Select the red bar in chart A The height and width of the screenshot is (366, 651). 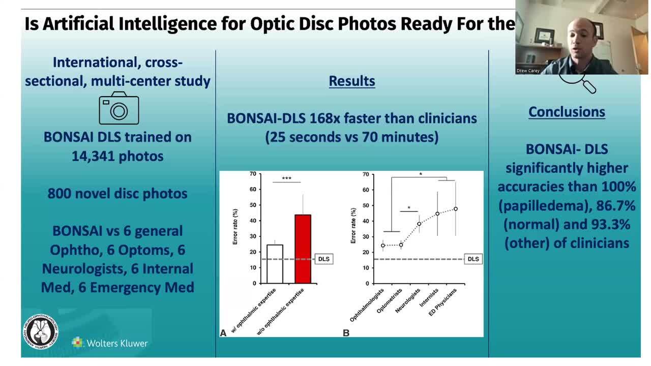point(303,249)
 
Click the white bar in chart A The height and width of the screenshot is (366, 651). point(275,264)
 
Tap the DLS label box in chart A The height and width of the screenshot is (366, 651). point(323,259)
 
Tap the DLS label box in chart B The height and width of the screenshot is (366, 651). point(473,259)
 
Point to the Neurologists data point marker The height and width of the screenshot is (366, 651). point(419,224)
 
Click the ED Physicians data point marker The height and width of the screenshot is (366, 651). point(456,209)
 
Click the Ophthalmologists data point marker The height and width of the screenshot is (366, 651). point(383,246)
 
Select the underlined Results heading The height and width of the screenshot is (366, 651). point(351,81)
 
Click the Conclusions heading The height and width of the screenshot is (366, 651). point(567,112)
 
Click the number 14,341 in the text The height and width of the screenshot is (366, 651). point(92,156)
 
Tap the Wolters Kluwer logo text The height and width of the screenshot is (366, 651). point(117,343)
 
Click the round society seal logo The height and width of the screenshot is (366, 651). point(41,331)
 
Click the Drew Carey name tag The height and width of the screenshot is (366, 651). point(527,71)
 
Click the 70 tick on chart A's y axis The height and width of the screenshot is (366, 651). point(253,174)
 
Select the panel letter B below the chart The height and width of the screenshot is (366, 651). point(346,333)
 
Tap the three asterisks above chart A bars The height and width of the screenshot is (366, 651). point(286,178)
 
